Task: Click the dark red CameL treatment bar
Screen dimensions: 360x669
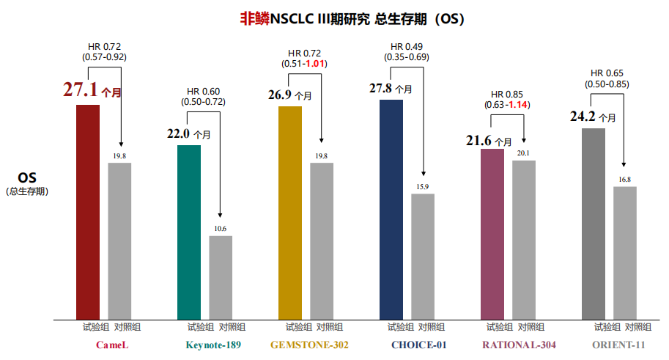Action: [88, 212]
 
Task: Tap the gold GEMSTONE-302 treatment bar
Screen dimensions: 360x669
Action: [290, 213]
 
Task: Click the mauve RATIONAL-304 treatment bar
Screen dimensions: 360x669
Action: [492, 234]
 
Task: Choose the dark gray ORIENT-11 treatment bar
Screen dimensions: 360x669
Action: [594, 224]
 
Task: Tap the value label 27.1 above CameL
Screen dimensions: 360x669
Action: [80, 90]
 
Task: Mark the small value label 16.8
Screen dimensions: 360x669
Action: [625, 180]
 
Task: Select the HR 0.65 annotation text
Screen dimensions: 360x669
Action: [607, 73]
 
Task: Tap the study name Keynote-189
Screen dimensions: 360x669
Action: [213, 345]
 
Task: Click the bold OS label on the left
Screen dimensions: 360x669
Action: [27, 178]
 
